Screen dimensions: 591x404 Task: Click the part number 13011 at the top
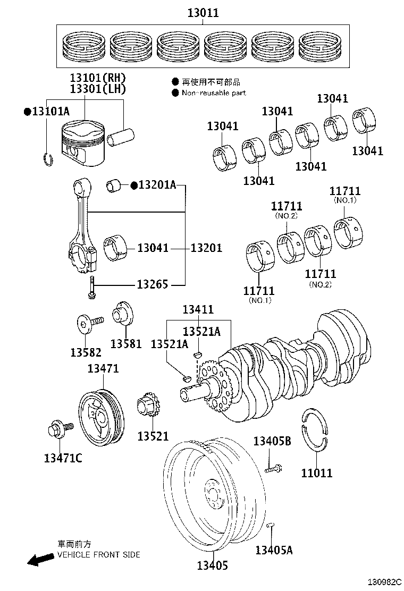203,13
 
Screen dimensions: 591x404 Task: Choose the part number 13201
206,248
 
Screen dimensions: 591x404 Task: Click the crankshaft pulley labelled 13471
101,415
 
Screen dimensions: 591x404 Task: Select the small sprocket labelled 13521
149,410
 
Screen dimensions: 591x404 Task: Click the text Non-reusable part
214,93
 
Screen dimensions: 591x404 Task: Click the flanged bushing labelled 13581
123,314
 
